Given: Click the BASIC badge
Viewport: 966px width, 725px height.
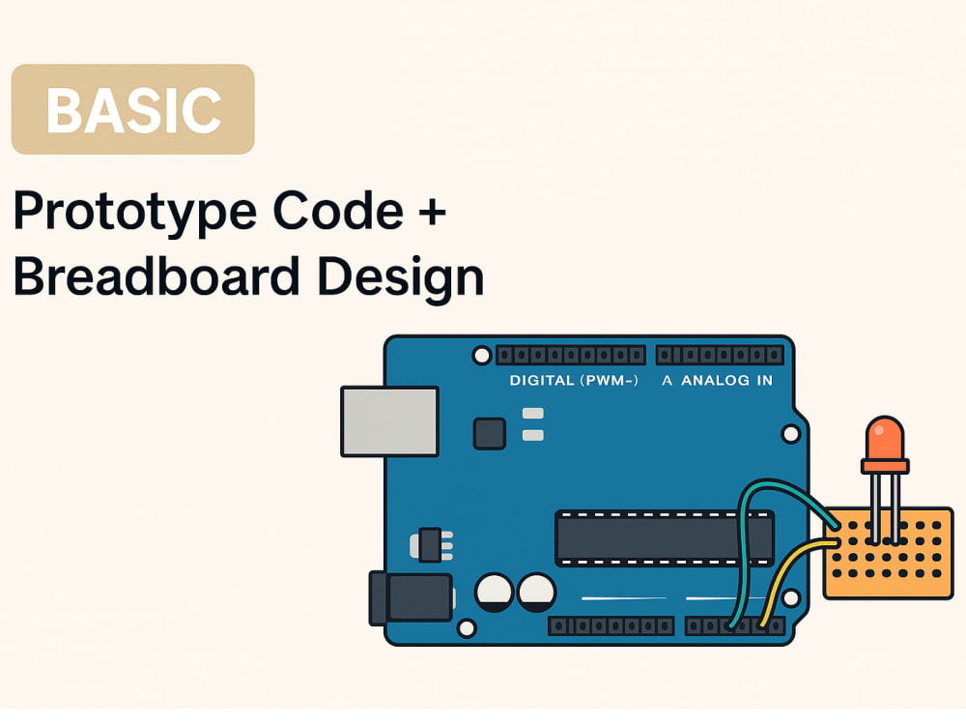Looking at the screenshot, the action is [x=133, y=109].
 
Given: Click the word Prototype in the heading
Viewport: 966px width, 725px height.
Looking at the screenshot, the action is [x=135, y=213].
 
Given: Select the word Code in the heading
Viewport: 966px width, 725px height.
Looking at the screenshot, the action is [x=337, y=210].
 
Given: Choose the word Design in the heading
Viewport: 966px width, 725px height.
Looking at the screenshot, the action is [x=401, y=278].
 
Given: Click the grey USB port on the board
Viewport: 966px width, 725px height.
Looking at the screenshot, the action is [x=389, y=421].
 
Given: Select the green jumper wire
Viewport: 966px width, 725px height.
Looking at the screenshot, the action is [x=748, y=518].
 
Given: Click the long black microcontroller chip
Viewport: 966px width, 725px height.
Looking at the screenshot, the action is [x=665, y=537].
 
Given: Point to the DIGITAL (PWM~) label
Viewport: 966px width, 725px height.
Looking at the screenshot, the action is [x=574, y=380].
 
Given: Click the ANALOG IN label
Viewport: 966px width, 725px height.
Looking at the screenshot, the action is [x=726, y=380].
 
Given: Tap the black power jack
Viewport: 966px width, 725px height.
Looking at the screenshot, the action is [x=411, y=597].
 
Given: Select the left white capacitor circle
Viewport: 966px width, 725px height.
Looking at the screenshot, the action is [x=494, y=593].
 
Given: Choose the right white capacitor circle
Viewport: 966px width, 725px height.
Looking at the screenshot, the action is [x=536, y=593].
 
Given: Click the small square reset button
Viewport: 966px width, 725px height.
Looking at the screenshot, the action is [x=490, y=433].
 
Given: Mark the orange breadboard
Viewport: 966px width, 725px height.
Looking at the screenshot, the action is [x=889, y=553].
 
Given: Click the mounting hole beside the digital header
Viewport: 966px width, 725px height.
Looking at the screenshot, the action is [x=482, y=356].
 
